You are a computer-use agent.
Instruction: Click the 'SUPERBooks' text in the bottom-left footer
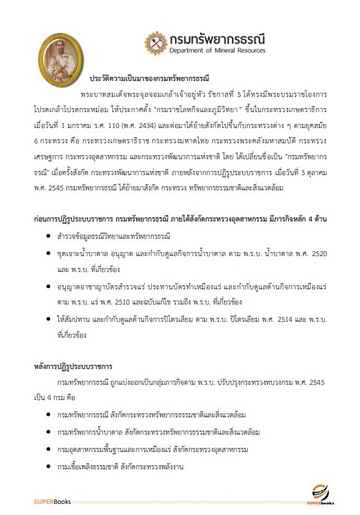[x=52, y=501]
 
